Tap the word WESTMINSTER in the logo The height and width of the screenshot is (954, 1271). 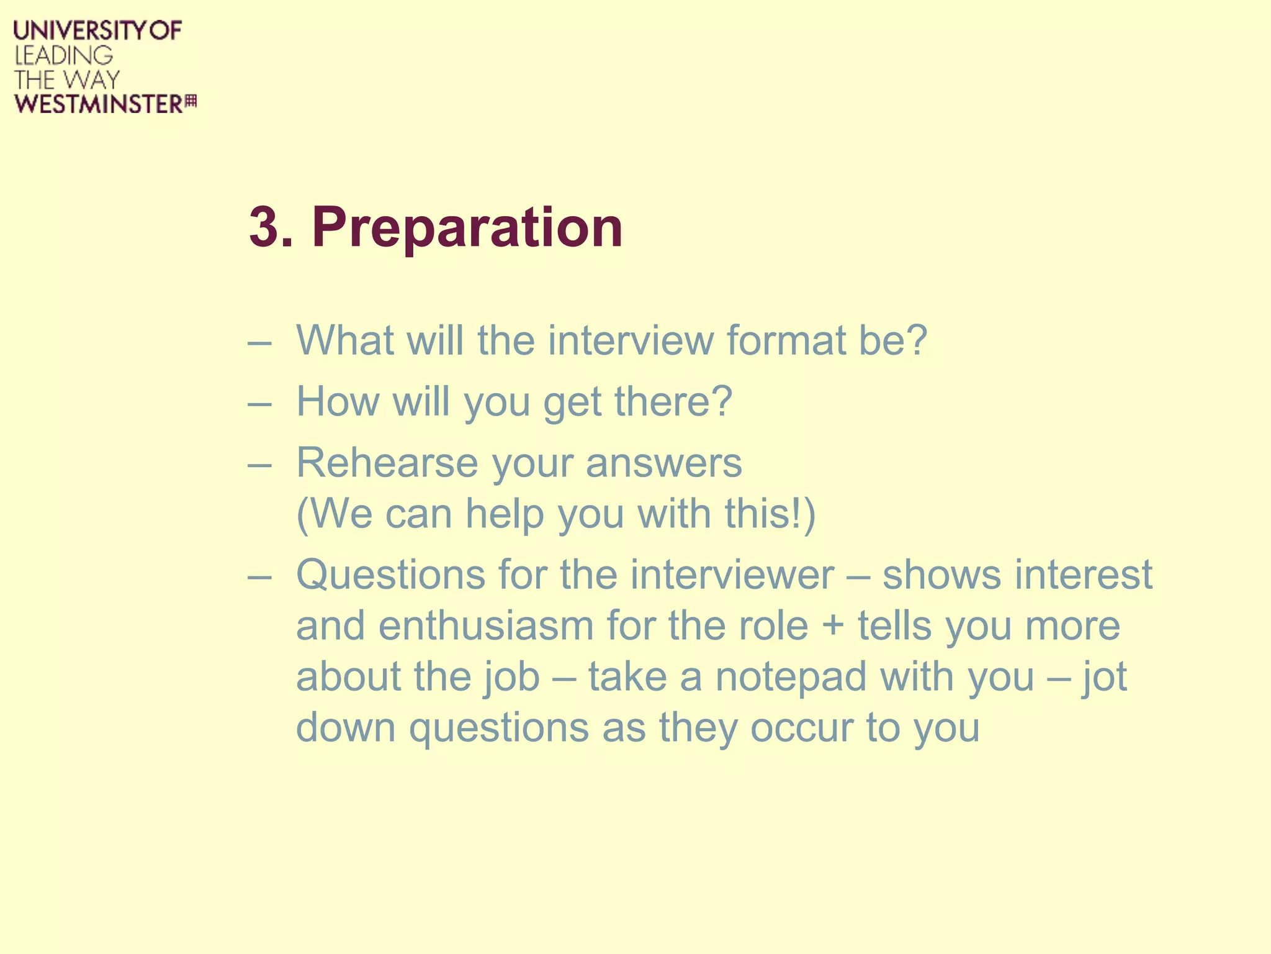tap(99, 104)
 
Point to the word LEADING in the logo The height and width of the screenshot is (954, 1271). tap(64, 55)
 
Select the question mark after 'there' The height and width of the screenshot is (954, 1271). tap(721, 401)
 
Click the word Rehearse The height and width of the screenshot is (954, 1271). tap(387, 463)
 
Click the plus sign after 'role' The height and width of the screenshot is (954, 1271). tap(833, 626)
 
